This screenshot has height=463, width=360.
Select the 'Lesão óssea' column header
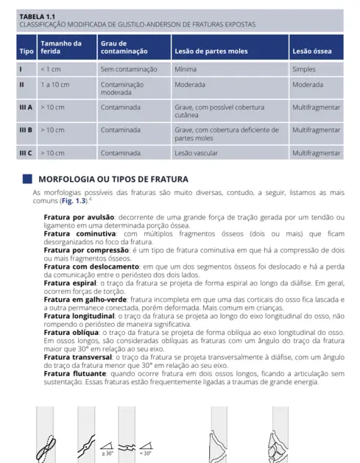click(311, 52)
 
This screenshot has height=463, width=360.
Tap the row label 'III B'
click(26, 130)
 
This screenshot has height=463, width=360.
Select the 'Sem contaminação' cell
click(129, 69)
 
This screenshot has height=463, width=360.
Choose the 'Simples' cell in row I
click(304, 69)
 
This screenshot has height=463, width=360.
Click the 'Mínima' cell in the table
click(186, 69)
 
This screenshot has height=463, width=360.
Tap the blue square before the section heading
click(28, 179)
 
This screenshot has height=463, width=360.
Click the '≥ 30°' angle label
click(107, 453)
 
